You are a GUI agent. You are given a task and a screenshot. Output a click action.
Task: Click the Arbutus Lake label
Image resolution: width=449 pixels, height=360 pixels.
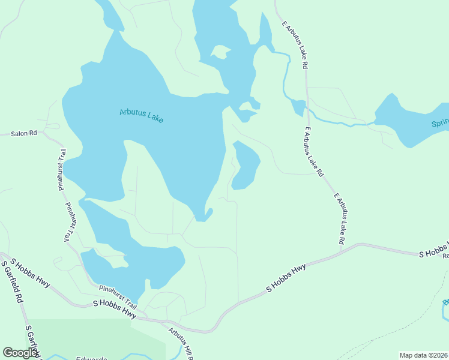(x=141, y=115)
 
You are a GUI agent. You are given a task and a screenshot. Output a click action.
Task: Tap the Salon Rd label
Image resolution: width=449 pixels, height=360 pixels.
(x=24, y=133)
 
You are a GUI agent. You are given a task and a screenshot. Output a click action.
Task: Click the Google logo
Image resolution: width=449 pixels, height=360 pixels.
(x=20, y=353)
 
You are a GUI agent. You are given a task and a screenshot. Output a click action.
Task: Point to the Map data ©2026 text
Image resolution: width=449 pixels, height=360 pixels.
(x=424, y=355)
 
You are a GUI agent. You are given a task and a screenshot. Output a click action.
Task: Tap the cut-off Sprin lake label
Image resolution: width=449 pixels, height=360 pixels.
(x=439, y=124)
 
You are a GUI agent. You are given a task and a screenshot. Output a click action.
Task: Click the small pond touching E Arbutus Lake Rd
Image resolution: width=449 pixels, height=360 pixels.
(x=298, y=107)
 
